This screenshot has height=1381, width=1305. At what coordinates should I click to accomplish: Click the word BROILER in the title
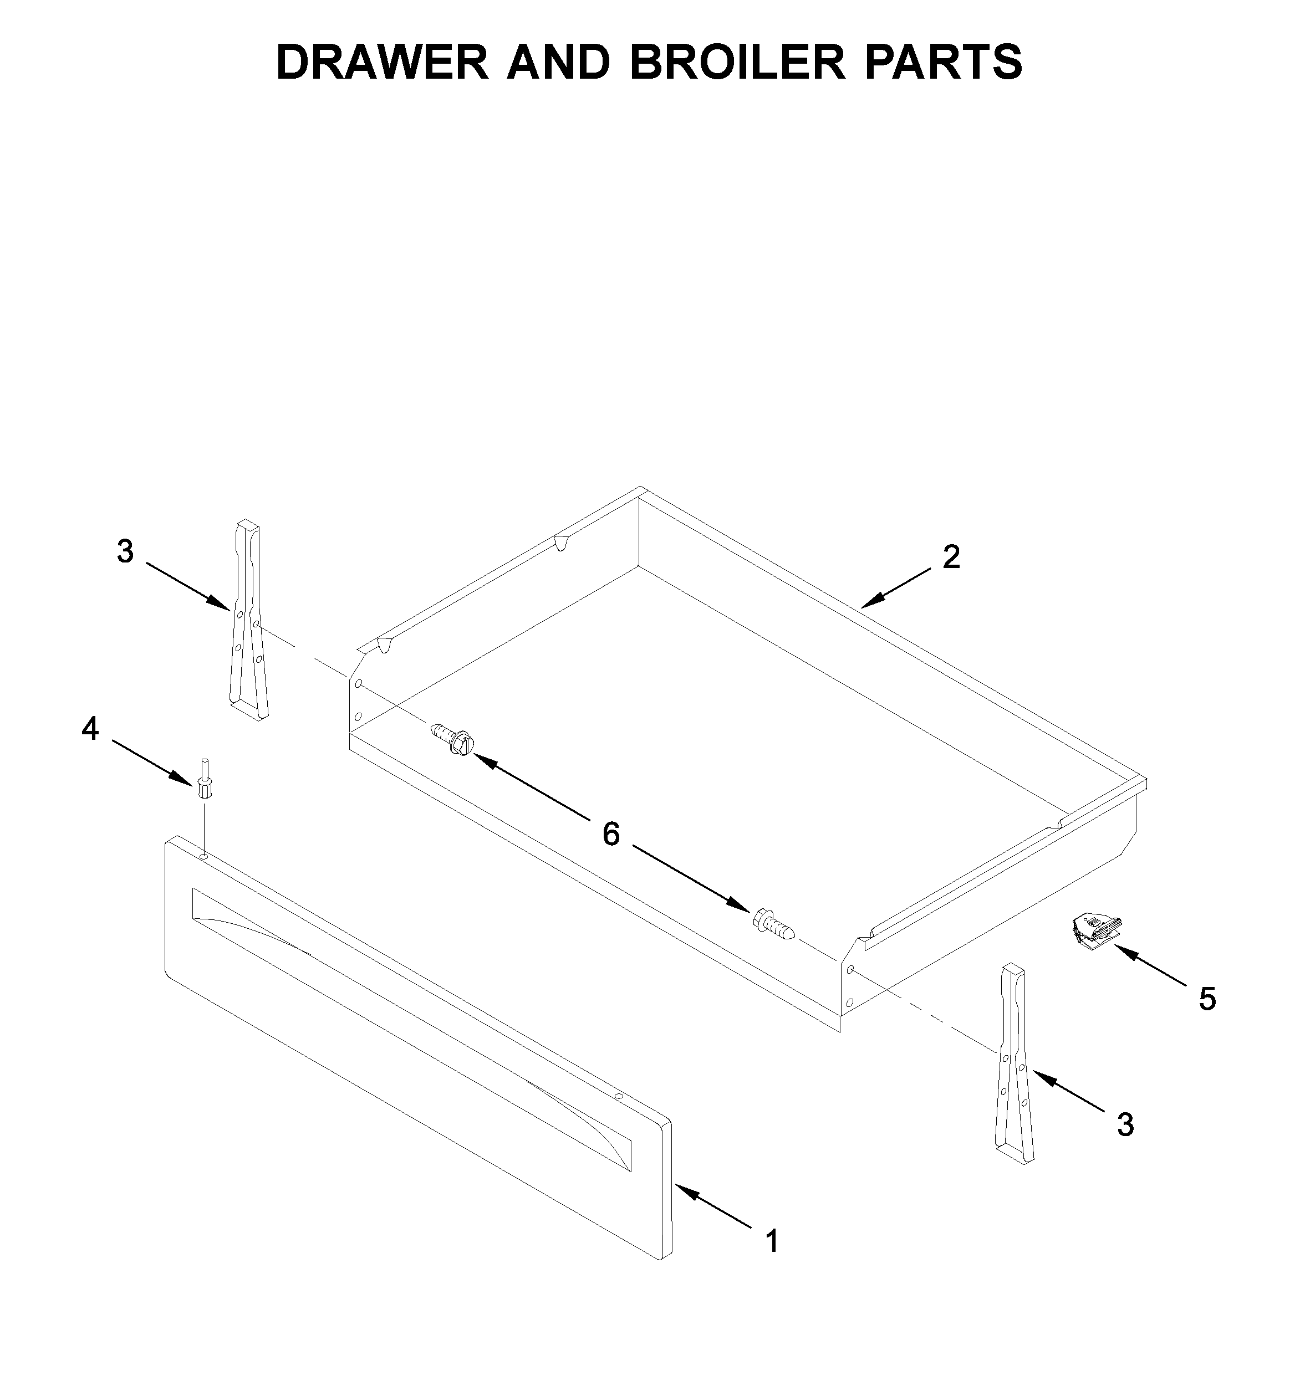pyautogui.click(x=737, y=62)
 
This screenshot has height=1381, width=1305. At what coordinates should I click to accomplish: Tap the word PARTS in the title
pyautogui.click(x=944, y=62)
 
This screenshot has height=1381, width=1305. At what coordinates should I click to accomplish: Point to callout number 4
pyautogui.click(x=90, y=729)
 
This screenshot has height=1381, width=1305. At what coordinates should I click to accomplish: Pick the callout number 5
pyautogui.click(x=1207, y=999)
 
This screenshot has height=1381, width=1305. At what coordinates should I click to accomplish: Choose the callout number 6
pyautogui.click(x=610, y=833)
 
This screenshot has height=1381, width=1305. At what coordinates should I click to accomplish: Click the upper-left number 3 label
pyautogui.click(x=125, y=551)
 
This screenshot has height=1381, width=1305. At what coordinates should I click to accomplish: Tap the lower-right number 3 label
pyautogui.click(x=1125, y=1124)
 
